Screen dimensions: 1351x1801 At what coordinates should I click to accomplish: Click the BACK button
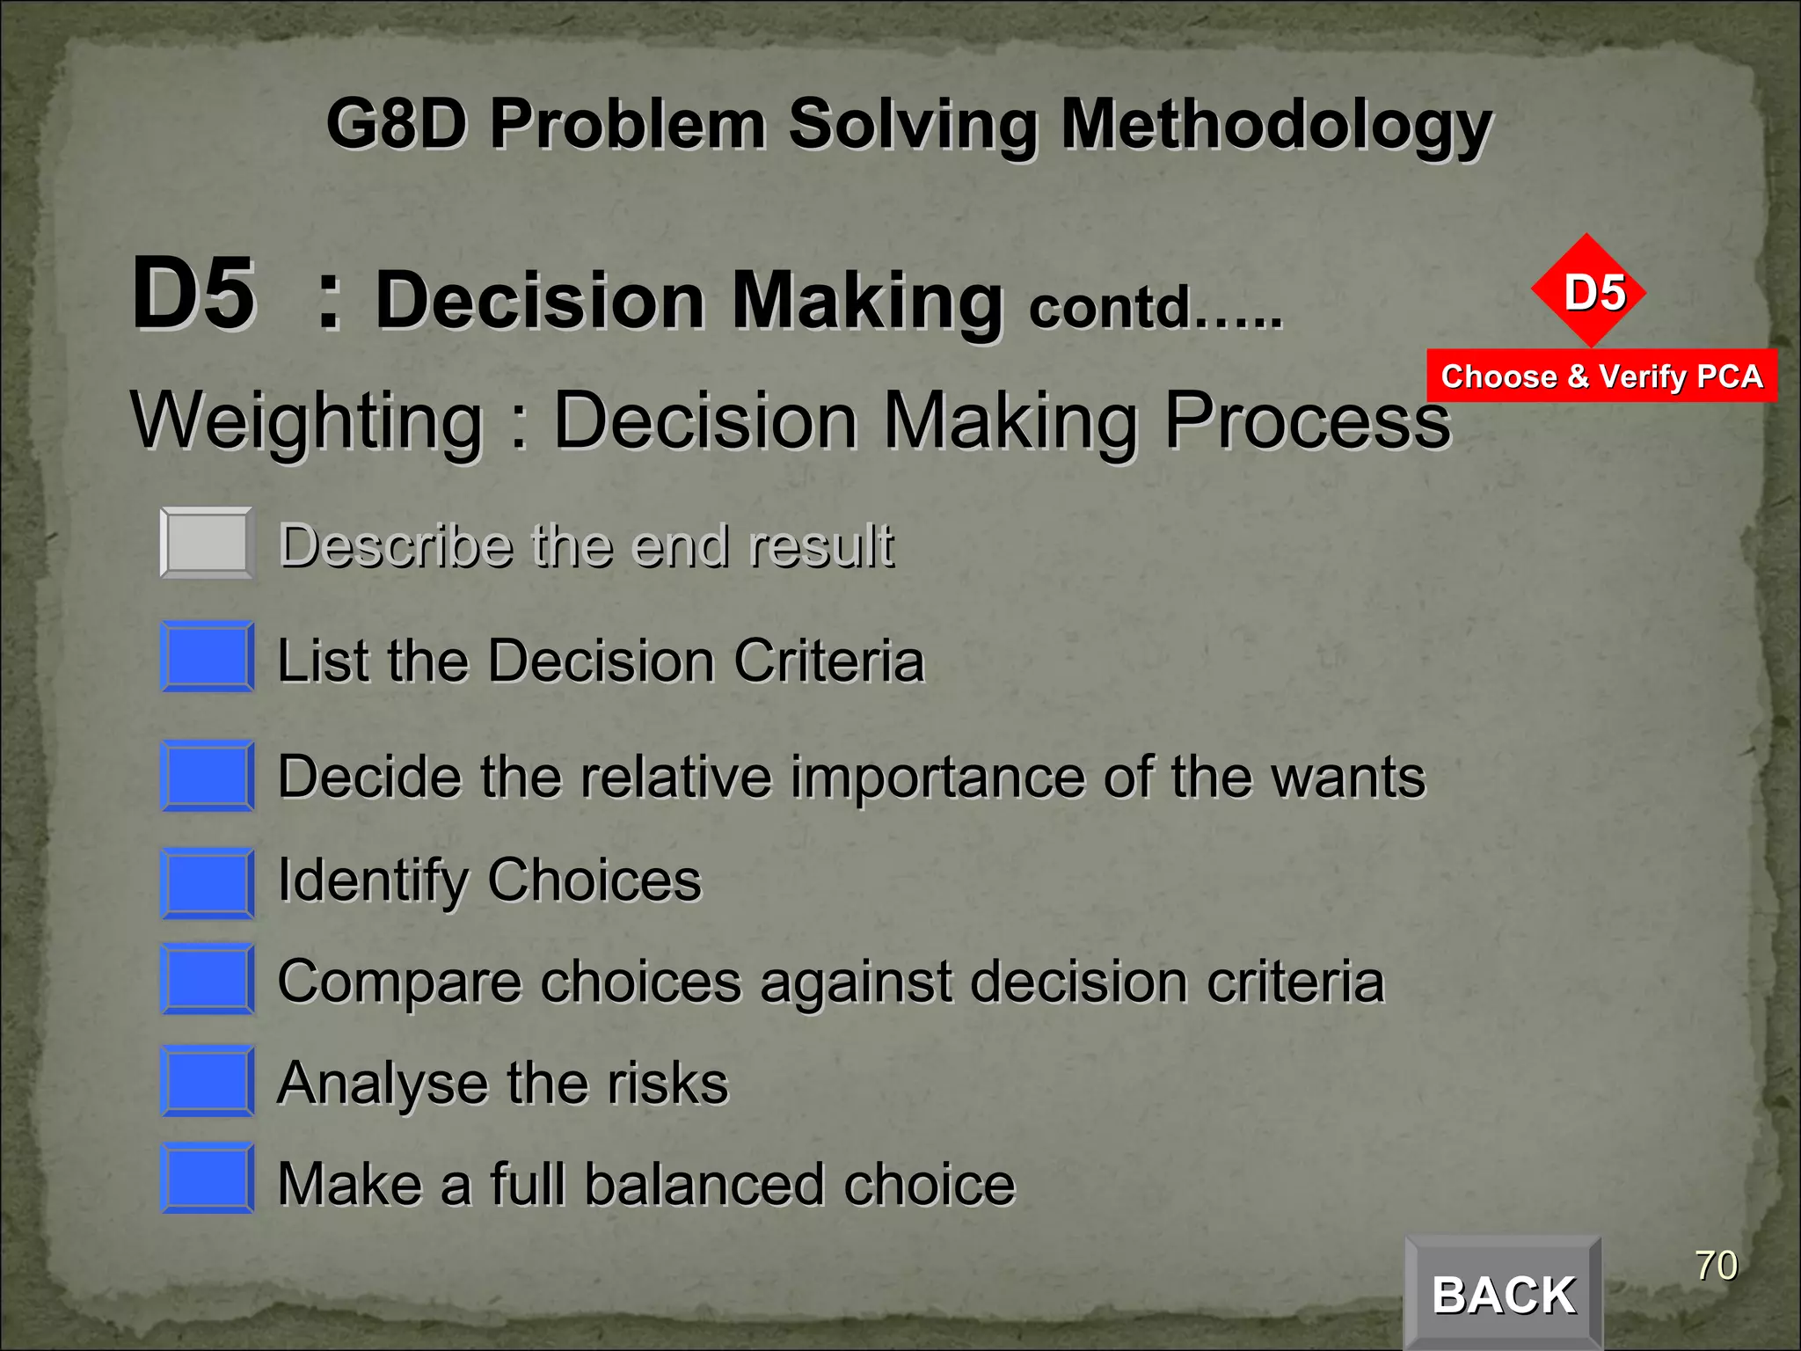pos(1503,1294)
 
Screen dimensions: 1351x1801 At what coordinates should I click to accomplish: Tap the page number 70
pos(1716,1266)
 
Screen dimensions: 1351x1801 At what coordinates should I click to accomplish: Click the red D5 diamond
pos(1588,291)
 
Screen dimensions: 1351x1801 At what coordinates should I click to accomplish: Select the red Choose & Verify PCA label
pos(1601,376)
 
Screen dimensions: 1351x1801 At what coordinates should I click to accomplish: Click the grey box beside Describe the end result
pos(208,543)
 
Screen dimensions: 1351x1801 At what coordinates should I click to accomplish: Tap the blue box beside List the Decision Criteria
pos(208,657)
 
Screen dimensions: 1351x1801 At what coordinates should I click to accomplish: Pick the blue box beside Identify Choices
pos(208,883)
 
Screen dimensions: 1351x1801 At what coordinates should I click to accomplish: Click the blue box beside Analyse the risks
pos(208,1081)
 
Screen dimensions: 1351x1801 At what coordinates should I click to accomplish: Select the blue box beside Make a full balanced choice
pos(208,1179)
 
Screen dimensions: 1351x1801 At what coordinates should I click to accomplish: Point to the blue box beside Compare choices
pos(208,979)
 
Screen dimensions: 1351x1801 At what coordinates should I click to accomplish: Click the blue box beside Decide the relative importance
pos(208,776)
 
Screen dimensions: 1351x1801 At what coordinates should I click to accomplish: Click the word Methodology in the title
pos(1276,125)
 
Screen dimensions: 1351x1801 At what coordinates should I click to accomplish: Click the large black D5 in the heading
pos(193,294)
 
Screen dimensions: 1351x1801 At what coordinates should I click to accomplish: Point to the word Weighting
pos(307,421)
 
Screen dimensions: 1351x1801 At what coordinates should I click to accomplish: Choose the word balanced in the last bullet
pos(704,1184)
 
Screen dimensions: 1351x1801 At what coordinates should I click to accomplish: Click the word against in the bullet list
pos(856,982)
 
